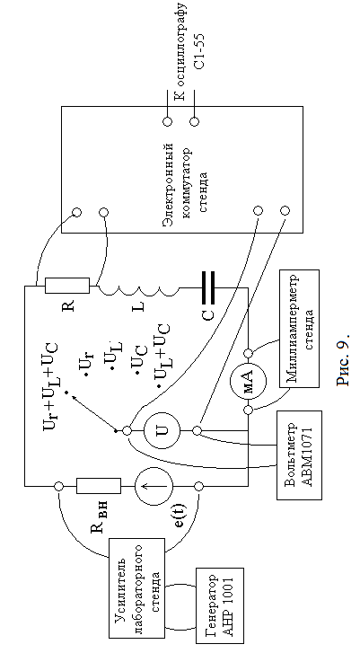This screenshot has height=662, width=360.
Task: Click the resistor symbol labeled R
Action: pos(67,286)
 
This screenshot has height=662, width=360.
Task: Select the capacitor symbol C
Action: pos(207,288)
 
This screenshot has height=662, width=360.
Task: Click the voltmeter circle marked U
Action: pos(162,430)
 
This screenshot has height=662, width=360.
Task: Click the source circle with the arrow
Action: pos(154,486)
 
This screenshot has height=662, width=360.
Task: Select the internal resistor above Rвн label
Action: pos(99,486)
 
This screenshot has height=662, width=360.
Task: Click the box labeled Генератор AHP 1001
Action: pos(220,605)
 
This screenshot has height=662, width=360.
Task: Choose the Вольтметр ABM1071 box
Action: pos(299,455)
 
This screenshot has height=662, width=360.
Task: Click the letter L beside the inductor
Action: pos(138,305)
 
